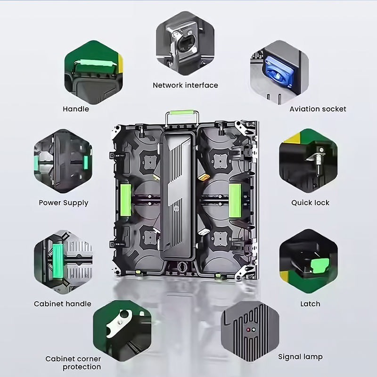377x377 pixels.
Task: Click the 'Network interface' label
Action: click(x=185, y=85)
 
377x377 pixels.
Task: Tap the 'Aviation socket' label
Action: click(x=318, y=109)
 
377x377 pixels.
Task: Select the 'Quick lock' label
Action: click(x=310, y=203)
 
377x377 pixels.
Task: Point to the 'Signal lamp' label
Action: click(x=300, y=357)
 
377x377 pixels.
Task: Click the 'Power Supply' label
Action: click(x=64, y=203)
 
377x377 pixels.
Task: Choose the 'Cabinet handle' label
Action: click(x=63, y=303)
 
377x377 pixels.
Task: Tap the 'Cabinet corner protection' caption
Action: click(x=73, y=363)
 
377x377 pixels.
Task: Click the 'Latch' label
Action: click(x=310, y=304)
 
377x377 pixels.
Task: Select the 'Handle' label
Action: click(x=76, y=109)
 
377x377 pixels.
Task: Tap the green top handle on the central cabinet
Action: click(x=181, y=113)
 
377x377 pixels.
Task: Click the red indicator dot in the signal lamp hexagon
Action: click(x=248, y=330)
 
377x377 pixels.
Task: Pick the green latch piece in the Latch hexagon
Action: click(x=320, y=265)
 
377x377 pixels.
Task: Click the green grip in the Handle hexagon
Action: click(x=94, y=66)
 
